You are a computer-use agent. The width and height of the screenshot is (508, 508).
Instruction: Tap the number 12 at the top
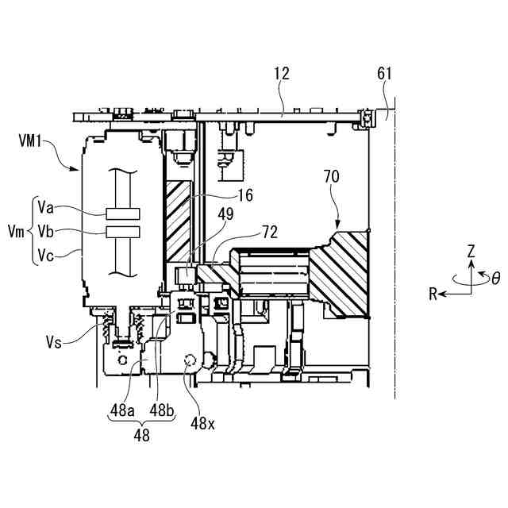[x=281, y=74]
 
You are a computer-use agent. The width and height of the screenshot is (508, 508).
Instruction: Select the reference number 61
[x=385, y=74]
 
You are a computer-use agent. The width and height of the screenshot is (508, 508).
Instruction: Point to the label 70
[x=332, y=177]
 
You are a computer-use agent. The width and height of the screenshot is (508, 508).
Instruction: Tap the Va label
[x=46, y=210]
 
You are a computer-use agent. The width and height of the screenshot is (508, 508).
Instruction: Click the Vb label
[x=46, y=232]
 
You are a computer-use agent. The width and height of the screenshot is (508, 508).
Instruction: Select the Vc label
[x=46, y=254]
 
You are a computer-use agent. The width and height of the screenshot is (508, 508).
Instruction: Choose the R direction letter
[x=434, y=294]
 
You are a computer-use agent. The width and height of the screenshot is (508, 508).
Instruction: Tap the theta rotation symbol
[x=496, y=279]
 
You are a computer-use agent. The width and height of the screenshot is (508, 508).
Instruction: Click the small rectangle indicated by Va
[x=121, y=214]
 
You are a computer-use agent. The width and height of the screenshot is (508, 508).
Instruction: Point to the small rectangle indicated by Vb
[x=121, y=231]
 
